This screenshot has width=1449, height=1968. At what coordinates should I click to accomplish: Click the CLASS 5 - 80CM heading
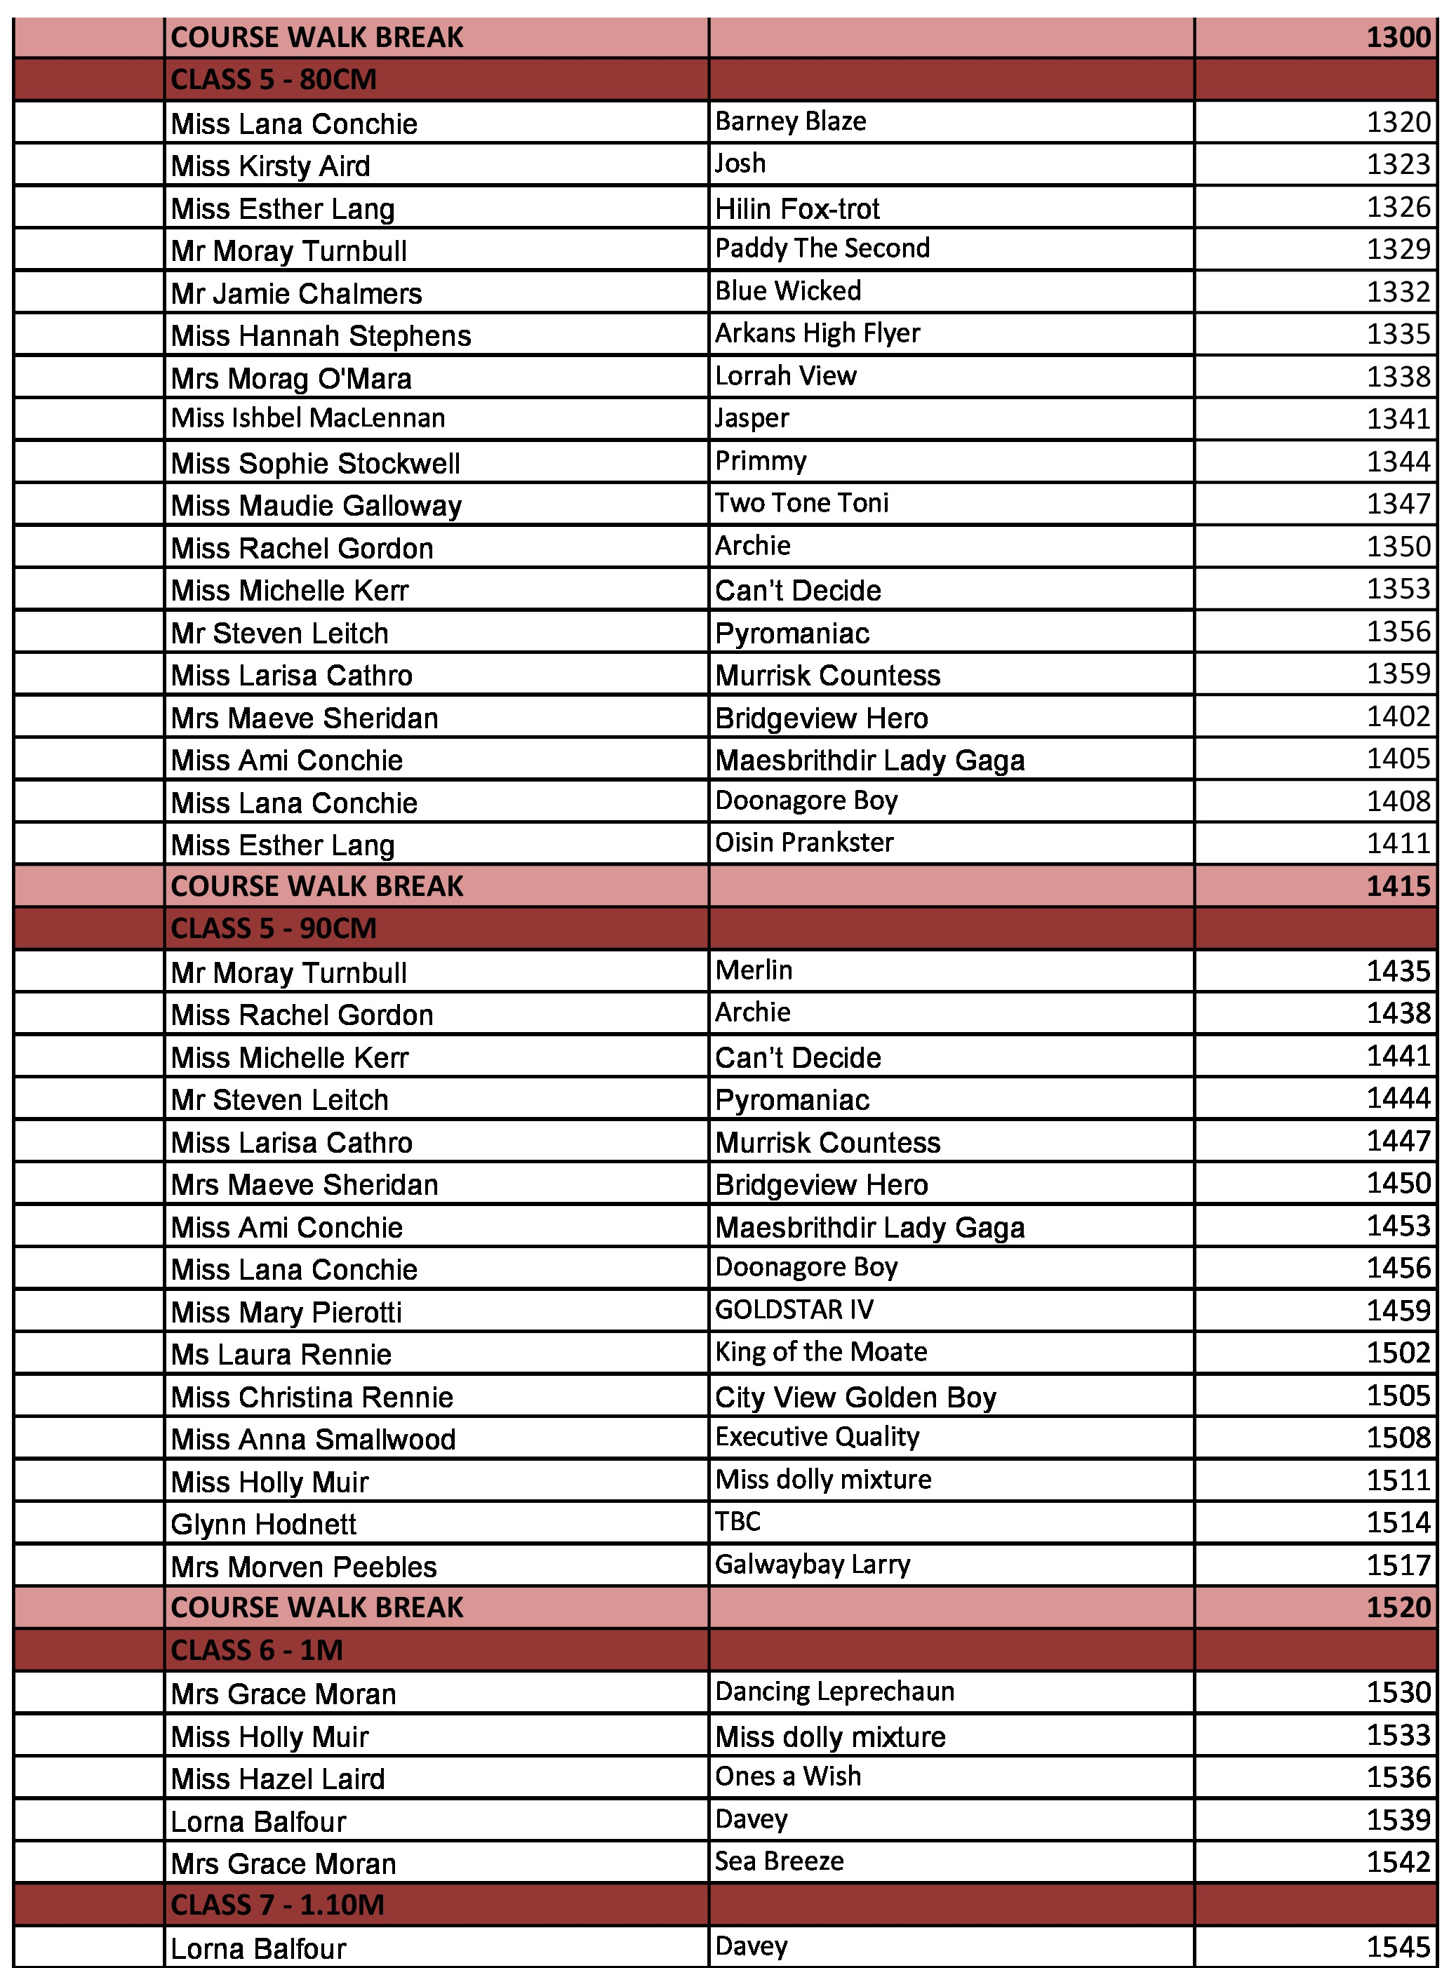click(x=274, y=80)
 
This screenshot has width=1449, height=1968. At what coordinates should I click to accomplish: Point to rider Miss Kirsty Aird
click(x=270, y=166)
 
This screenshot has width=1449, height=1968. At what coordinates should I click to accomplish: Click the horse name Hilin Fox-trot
click(x=796, y=209)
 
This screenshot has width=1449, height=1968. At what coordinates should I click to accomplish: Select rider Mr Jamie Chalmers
click(x=296, y=293)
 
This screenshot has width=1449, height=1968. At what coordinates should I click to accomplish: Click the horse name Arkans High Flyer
click(x=817, y=333)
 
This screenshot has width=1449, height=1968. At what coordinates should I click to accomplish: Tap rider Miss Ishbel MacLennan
click(x=308, y=418)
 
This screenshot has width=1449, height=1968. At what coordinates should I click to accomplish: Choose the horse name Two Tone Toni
click(x=801, y=504)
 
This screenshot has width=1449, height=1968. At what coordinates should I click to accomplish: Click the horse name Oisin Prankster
click(x=804, y=843)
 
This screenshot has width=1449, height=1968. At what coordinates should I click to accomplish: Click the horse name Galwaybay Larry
click(x=813, y=1565)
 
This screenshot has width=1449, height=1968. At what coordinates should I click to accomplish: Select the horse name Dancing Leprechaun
click(x=834, y=1692)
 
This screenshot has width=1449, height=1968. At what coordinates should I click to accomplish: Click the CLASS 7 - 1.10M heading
click(x=277, y=1905)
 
